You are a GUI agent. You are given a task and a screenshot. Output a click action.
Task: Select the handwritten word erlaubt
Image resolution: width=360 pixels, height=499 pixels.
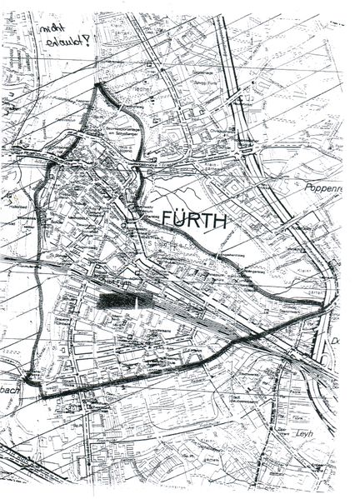pos(67,42)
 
